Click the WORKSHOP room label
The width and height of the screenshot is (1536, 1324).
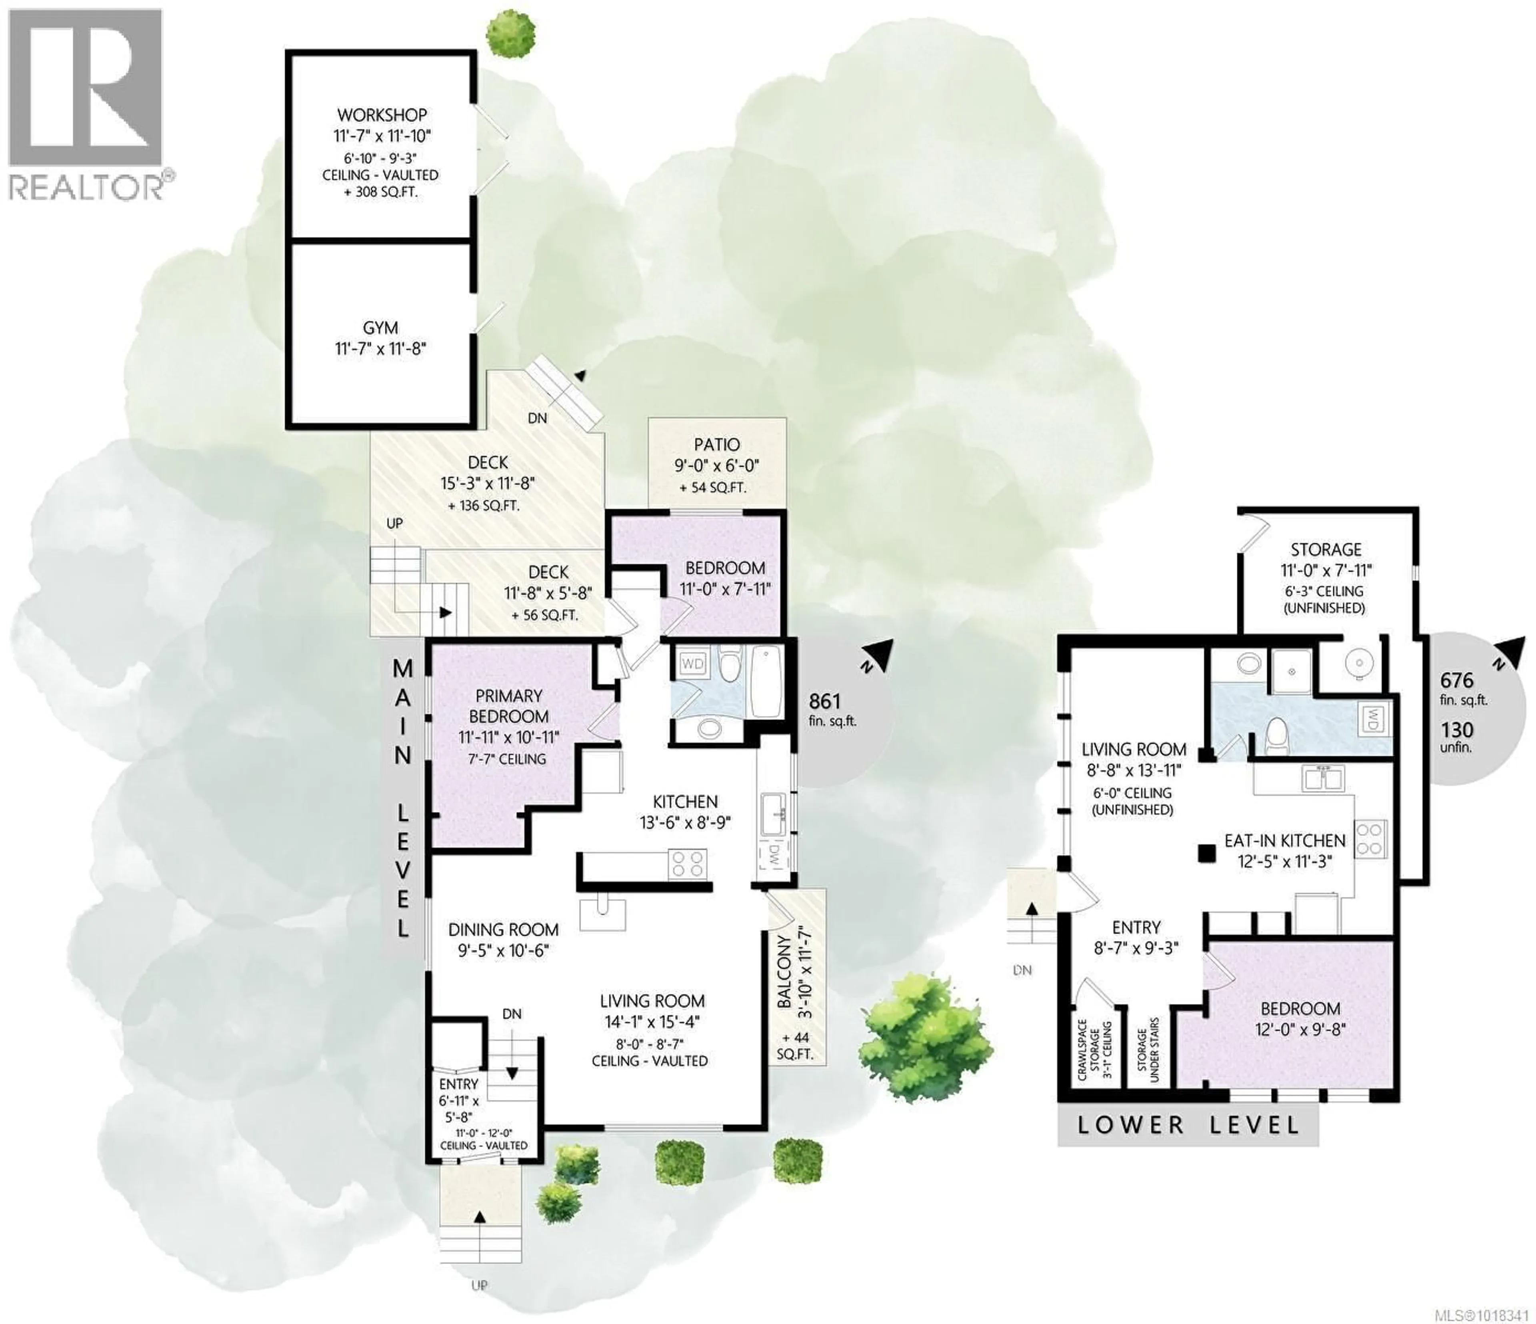coord(382,115)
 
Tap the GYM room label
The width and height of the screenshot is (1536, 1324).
coord(380,328)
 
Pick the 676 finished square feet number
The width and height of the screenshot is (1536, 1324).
coord(1456,680)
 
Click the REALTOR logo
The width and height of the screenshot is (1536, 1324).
coord(86,104)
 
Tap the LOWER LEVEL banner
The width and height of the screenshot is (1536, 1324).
coord(1188,1124)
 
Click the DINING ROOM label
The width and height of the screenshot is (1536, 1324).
coord(503,930)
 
